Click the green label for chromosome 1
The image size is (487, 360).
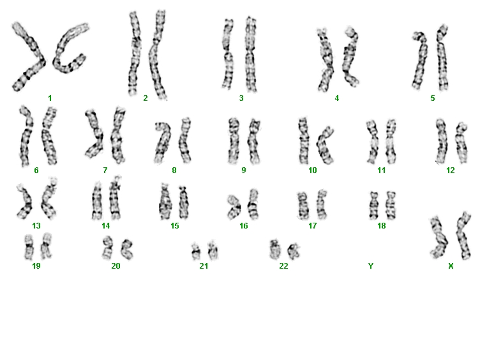50,98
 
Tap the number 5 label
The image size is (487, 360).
432,98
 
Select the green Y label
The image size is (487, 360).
371,266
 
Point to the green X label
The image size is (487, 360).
451,266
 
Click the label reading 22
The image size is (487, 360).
283,266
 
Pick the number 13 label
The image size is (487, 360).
36,226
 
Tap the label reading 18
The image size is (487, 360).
382,226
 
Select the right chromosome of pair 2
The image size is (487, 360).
157,56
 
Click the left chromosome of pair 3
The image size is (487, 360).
228,54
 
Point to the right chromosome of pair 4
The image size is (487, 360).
350,57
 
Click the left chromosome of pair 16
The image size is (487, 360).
234,207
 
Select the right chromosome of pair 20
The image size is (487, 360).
128,250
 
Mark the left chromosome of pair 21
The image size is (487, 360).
196,251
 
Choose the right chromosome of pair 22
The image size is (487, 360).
294,251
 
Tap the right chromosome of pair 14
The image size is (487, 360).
116,199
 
